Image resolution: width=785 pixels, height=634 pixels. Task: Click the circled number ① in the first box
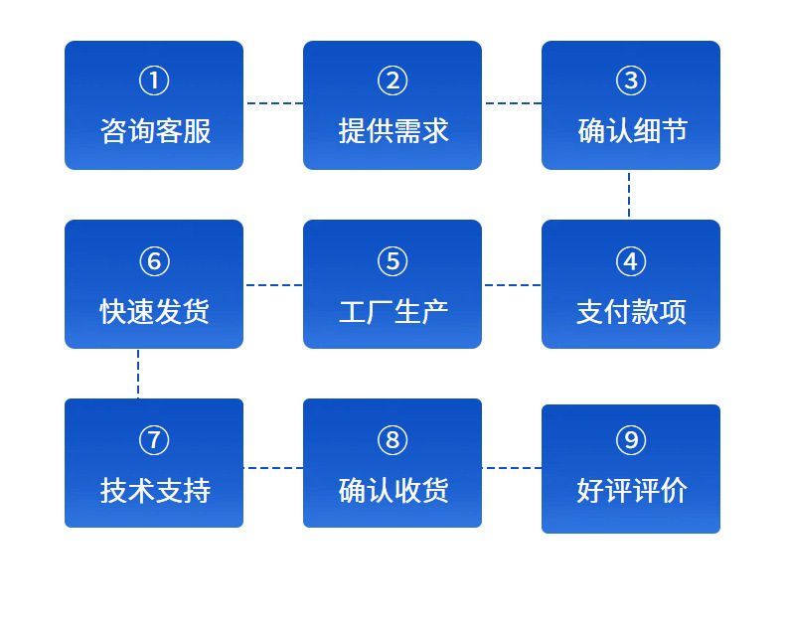coord(154,80)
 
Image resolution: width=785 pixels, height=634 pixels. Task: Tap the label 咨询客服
coord(155,131)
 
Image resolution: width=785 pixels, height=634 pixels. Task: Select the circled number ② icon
coord(392,80)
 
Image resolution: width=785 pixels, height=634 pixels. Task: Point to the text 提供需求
coord(393,131)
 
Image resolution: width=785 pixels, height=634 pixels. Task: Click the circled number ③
coord(631,80)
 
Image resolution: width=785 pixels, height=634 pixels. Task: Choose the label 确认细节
coord(632,131)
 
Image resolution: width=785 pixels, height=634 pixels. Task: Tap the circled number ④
coord(631,261)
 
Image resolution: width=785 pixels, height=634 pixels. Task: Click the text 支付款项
coord(631,311)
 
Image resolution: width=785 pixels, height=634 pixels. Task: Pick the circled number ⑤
coord(392,261)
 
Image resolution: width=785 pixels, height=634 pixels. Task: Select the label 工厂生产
coord(393,311)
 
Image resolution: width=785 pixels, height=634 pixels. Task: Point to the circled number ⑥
coord(154,261)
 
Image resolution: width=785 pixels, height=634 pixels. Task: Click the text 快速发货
coord(155,311)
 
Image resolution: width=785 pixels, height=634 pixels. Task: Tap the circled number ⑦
coord(154,440)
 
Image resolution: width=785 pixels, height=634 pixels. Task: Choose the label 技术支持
coord(155,490)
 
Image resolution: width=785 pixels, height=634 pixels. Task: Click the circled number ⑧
coord(392,440)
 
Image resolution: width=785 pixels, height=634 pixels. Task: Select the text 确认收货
coord(393,490)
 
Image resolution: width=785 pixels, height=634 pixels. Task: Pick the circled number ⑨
coord(631,440)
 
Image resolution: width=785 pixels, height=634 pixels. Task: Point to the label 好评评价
coord(632,490)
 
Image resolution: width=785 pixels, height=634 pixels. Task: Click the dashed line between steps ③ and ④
coord(629,195)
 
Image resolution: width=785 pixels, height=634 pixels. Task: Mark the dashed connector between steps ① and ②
coord(274,103)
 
